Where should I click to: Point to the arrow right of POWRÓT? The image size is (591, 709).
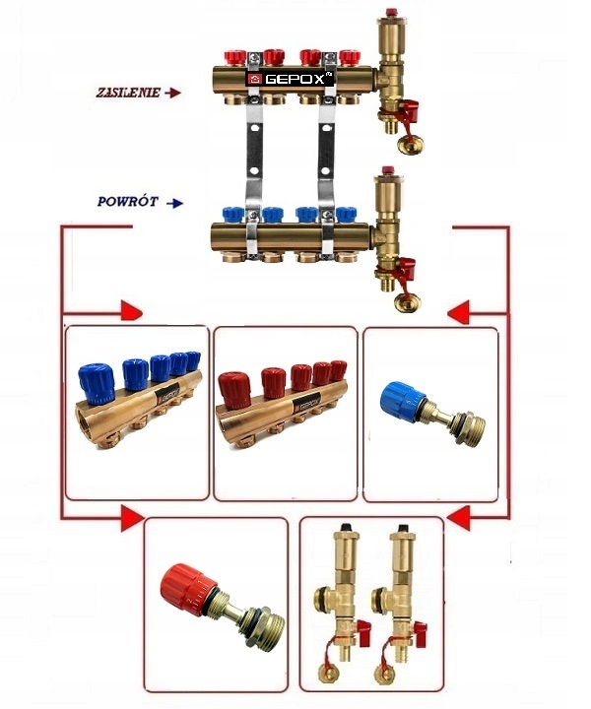(175, 204)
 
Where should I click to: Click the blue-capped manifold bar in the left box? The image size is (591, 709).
(138, 394)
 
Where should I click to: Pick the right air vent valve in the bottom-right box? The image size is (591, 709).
(401, 601)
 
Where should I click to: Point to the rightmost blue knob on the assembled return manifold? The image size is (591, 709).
(346, 214)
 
